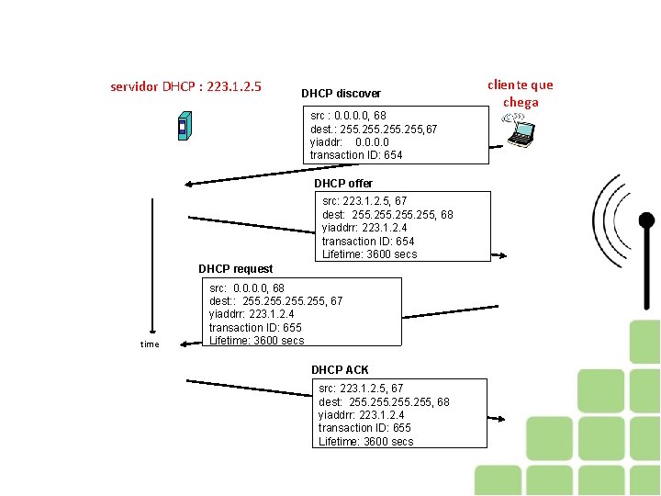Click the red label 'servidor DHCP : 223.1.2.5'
point(185,87)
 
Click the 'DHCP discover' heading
point(341,94)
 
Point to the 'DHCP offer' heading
point(343,184)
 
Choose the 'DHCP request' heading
point(235,269)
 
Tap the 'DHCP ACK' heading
point(340,370)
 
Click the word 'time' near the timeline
point(150,344)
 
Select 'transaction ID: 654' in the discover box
point(356,155)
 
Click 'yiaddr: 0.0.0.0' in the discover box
point(350,142)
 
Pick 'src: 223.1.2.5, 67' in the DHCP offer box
point(364,201)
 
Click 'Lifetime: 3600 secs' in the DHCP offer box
point(369,254)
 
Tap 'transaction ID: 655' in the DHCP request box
point(255,328)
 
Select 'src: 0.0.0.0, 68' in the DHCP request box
point(247,288)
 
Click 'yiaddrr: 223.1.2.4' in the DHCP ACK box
point(363,415)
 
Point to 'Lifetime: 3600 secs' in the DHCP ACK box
point(365,442)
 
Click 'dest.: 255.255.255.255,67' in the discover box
point(374,130)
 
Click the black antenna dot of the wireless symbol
point(646,220)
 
